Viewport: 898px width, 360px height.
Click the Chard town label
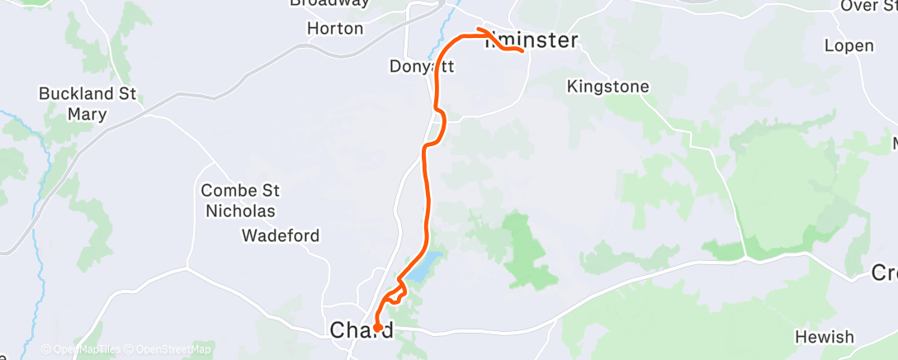(x=361, y=330)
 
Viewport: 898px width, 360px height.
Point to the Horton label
(x=334, y=29)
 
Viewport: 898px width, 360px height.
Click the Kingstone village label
(x=607, y=86)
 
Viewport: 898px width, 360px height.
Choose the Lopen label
(x=848, y=45)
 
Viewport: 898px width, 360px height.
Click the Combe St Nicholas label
(x=241, y=201)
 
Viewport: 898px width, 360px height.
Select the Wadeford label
(x=280, y=236)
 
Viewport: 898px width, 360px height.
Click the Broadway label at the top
(x=329, y=3)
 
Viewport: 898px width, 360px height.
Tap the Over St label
(x=867, y=6)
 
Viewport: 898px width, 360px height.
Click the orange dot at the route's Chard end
(x=377, y=327)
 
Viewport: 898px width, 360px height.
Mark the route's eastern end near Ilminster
(x=522, y=52)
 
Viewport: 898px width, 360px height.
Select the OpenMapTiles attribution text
(x=83, y=349)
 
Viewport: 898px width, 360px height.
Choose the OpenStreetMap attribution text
(x=173, y=349)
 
